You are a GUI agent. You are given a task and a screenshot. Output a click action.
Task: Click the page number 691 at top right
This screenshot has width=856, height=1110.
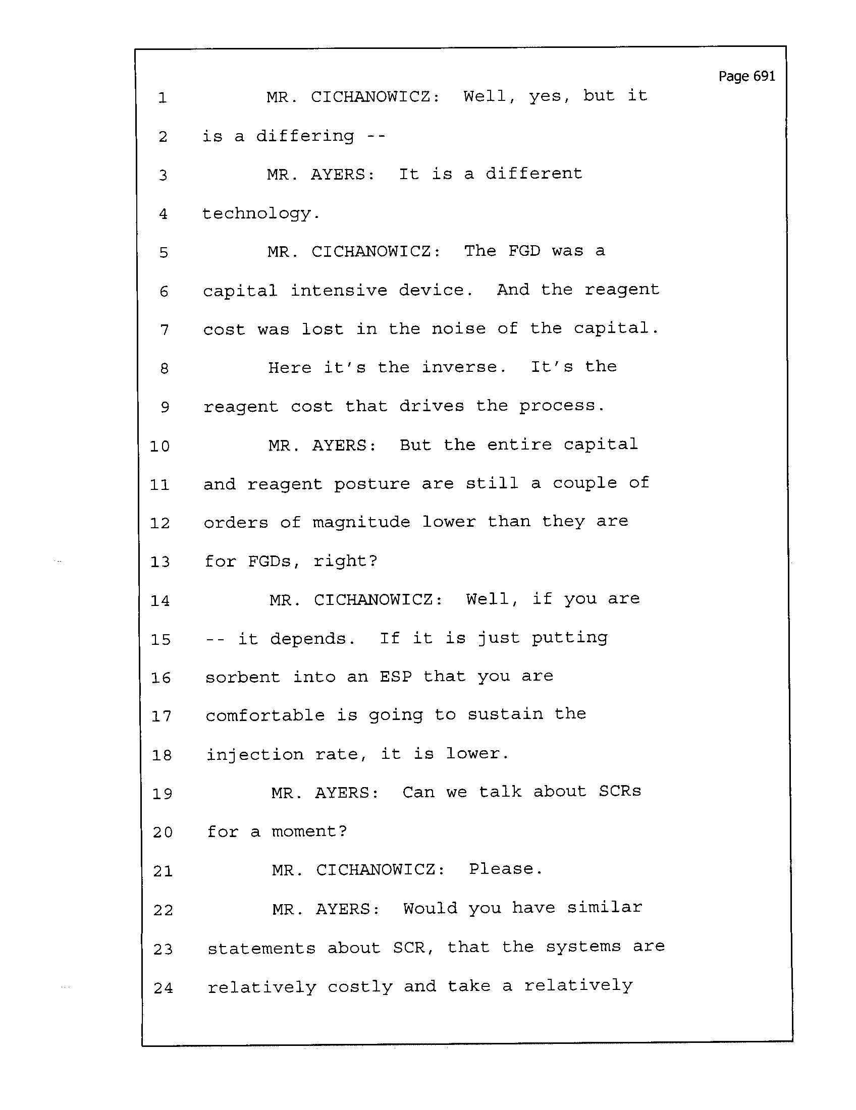[x=746, y=76]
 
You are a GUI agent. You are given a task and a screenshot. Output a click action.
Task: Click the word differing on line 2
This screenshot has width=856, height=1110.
[x=305, y=136]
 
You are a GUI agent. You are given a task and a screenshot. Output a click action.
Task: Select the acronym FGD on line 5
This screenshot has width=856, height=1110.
[x=523, y=251]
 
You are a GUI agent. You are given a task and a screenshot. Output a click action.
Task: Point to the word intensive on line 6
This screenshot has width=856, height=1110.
[x=339, y=290]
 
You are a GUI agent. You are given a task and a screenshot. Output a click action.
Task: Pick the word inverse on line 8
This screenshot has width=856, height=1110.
[x=459, y=367]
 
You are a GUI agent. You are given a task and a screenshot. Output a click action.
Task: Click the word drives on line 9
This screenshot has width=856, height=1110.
[x=432, y=406]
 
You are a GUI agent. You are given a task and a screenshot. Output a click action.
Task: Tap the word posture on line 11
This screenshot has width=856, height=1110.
[x=371, y=483]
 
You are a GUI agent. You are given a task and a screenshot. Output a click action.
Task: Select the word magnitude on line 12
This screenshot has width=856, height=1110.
[x=361, y=522]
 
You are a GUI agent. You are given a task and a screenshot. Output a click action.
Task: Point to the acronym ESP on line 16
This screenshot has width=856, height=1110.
[x=395, y=677]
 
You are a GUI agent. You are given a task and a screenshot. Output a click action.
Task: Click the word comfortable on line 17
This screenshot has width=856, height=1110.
[x=265, y=715]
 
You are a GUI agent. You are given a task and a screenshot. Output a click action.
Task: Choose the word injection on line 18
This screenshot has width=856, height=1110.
[x=255, y=755]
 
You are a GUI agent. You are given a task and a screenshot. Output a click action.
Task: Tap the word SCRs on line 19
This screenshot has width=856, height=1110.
[x=620, y=792]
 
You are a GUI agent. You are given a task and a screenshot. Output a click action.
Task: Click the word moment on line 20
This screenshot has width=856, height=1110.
[x=303, y=831]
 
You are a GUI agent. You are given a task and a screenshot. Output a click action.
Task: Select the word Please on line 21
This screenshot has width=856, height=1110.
[x=501, y=869]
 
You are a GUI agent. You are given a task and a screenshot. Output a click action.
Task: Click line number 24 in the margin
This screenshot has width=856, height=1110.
[x=163, y=988]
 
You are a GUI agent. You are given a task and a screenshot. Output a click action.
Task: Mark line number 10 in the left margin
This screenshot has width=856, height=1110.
[x=159, y=446]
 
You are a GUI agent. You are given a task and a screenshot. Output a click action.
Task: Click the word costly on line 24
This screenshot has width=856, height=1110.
[x=360, y=987]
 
